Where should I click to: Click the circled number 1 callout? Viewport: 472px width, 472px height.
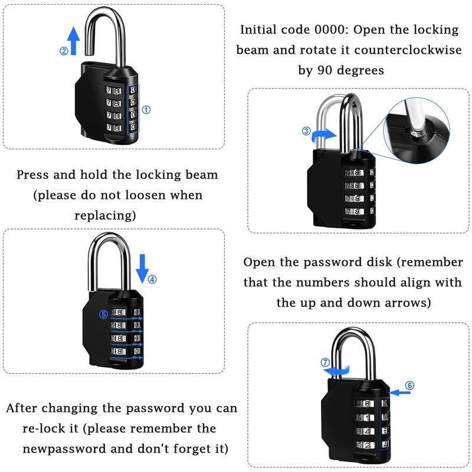click(x=147, y=109)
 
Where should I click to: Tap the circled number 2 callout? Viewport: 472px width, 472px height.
click(x=64, y=51)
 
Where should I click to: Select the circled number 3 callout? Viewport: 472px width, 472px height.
click(x=306, y=131)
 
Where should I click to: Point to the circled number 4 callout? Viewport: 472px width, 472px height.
click(x=152, y=280)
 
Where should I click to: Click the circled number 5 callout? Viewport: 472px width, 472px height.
click(x=103, y=315)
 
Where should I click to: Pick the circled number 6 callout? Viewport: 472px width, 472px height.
click(x=410, y=385)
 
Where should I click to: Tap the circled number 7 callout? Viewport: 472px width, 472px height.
click(x=324, y=362)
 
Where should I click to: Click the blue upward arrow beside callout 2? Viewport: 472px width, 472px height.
click(x=74, y=41)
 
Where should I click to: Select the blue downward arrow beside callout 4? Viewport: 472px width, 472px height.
click(x=142, y=269)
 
